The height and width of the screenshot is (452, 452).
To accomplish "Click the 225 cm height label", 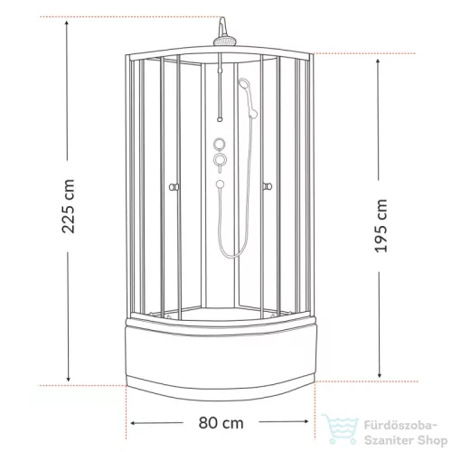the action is [68, 206].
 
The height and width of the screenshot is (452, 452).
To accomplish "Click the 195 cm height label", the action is [381, 226].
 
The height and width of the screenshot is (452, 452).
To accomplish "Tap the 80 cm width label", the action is [221, 423].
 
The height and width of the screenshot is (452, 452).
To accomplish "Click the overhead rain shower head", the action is [224, 41].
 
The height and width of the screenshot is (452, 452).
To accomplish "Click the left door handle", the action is [174, 187].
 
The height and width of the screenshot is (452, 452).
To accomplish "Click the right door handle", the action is [267, 186].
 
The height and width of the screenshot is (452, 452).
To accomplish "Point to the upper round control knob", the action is [220, 144].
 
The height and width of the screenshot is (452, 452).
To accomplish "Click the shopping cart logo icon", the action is [340, 428].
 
